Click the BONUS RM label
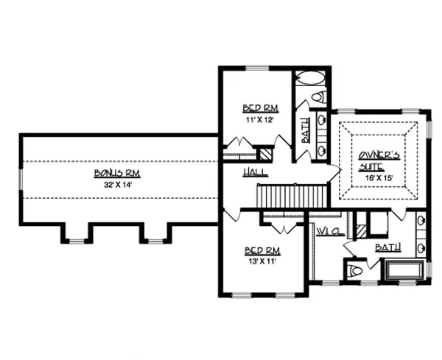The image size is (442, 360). [117, 173]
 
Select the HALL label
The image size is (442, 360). [255, 172]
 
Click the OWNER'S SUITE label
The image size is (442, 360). [379, 161]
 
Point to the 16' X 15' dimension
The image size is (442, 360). [379, 178]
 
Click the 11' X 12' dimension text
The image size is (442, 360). [260, 120]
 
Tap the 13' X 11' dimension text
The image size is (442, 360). [262, 261]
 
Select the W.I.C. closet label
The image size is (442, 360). [330, 232]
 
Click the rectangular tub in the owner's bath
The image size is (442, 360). [404, 270]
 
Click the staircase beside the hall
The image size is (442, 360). [292, 196]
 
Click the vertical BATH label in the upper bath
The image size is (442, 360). [305, 130]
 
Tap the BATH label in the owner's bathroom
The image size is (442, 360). [388, 247]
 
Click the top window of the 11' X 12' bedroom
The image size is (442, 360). [257, 68]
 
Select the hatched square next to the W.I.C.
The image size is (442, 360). [362, 231]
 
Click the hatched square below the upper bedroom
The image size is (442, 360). [265, 155]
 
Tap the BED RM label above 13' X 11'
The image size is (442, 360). [262, 250]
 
